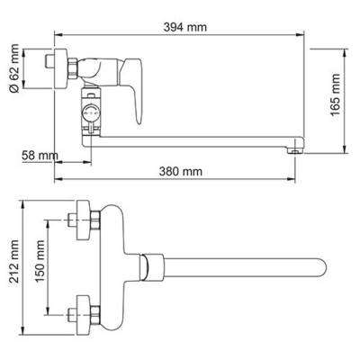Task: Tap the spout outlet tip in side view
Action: coord(294,149)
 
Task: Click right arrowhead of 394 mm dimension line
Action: coord(303,38)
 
